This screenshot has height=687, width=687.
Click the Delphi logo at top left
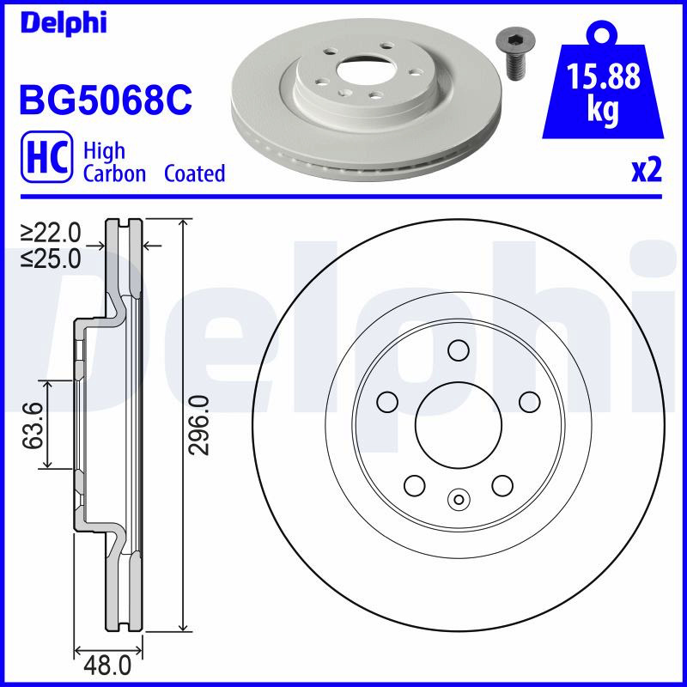click(x=64, y=22)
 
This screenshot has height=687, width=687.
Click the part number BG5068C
click(x=106, y=100)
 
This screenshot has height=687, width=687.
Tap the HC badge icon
click(x=47, y=157)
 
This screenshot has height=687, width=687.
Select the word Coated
click(x=195, y=173)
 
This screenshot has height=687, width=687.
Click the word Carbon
click(x=114, y=173)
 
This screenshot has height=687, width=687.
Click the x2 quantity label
click(x=647, y=171)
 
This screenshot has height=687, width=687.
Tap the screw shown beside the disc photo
click(x=514, y=56)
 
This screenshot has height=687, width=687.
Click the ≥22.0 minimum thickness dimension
click(x=52, y=232)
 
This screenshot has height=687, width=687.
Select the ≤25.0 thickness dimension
click(x=52, y=258)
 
